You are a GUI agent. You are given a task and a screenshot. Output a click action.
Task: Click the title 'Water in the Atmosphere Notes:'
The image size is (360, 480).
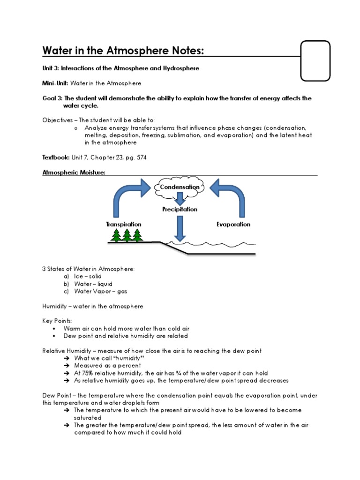[x=123, y=50]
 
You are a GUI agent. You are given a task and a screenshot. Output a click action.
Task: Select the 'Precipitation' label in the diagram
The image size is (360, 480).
[x=180, y=210]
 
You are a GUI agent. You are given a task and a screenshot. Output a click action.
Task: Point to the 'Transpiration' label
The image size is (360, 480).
[x=124, y=225]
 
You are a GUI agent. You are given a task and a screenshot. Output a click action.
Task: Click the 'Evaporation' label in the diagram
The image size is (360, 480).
[x=233, y=225]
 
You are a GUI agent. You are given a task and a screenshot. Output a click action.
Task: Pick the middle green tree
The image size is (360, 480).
[x=126, y=235]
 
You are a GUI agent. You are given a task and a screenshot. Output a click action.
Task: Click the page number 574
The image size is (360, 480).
[x=141, y=157]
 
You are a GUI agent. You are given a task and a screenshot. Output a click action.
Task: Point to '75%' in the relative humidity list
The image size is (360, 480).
[x=89, y=373]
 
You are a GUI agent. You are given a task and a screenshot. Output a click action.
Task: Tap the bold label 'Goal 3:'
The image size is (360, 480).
[x=52, y=98]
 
